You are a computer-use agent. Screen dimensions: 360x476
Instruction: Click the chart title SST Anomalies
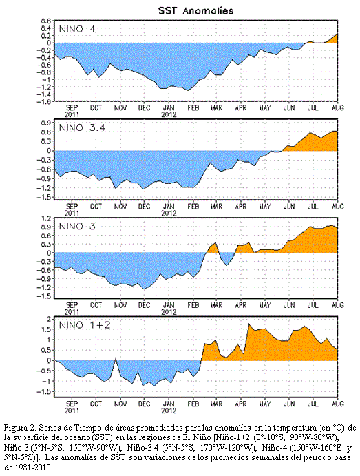pyautogui.click(x=196, y=11)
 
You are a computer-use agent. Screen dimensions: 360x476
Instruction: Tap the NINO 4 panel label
pyautogui.click(x=76, y=29)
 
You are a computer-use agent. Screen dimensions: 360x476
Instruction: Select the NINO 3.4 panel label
pyautogui.click(x=82, y=127)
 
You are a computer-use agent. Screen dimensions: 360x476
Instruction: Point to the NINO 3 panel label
pyautogui.click(x=76, y=226)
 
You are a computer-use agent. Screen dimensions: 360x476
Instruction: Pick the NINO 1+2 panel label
pyautogui.click(x=84, y=325)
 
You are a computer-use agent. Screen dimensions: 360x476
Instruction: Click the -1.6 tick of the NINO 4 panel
pyautogui.click(x=43, y=101)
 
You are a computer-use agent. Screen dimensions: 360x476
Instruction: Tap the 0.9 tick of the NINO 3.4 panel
pyautogui.click(x=45, y=123)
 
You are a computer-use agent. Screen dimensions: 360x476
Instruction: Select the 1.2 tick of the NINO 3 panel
pyautogui.click(x=45, y=218)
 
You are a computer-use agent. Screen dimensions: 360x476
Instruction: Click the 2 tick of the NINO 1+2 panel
pyautogui.click(x=48, y=318)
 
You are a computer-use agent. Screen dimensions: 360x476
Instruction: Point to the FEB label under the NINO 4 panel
pyautogui.click(x=193, y=107)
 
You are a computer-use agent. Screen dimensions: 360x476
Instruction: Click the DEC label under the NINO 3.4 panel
pyautogui.click(x=144, y=207)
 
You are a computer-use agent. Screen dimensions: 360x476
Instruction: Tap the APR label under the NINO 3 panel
pyautogui.click(x=241, y=305)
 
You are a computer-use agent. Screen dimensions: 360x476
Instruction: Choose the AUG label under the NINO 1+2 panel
pyautogui.click(x=338, y=404)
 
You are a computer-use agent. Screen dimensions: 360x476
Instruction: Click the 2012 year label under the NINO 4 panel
pyautogui.click(x=169, y=115)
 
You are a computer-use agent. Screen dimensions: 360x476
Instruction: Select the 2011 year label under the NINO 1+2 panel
pyautogui.click(x=72, y=411)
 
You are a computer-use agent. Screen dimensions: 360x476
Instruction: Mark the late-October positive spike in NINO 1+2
pyautogui.click(x=116, y=358)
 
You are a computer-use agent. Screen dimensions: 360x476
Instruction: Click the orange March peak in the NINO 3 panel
pyautogui.click(x=215, y=243)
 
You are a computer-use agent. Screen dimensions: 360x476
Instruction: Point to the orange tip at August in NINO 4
pyautogui.click(x=337, y=35)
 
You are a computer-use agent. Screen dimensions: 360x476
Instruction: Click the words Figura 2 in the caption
pyautogui.click(x=19, y=428)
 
